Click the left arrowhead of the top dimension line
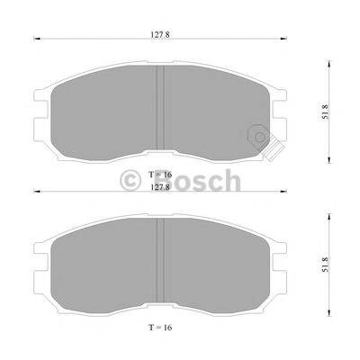(36, 39)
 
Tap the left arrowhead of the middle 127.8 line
(36, 192)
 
